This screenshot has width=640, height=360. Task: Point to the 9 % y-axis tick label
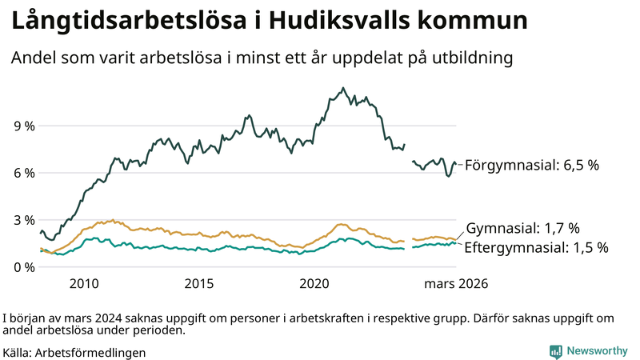click(x=24, y=126)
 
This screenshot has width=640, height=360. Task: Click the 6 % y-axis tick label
click(x=24, y=173)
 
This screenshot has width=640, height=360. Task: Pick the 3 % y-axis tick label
click(x=24, y=220)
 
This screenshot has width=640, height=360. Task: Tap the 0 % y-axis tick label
click(x=24, y=266)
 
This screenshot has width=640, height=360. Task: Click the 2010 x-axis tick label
click(x=84, y=284)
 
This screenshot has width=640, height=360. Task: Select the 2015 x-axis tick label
click(x=199, y=284)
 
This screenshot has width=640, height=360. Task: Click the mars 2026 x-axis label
click(x=456, y=284)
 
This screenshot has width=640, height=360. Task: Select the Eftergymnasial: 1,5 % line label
click(x=535, y=247)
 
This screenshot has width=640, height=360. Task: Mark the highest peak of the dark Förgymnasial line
click(x=343, y=88)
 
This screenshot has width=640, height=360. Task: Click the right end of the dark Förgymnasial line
click(x=456, y=164)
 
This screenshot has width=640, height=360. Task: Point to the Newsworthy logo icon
click(x=555, y=351)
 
